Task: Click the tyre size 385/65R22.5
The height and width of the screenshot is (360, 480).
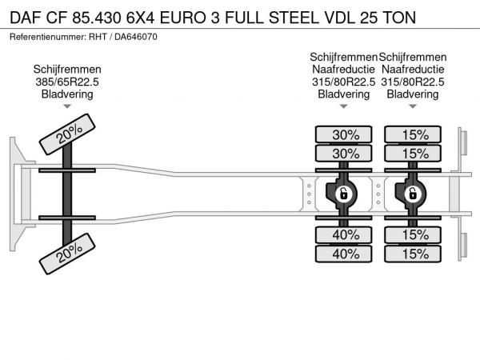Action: (68, 82)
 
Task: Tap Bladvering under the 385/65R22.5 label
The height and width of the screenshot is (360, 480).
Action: (68, 94)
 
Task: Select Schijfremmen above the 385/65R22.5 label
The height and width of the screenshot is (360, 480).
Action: (68, 70)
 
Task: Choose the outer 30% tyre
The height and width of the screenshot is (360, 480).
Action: (345, 134)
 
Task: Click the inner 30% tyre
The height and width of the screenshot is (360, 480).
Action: (345, 153)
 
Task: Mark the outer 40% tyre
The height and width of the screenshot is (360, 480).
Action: (345, 254)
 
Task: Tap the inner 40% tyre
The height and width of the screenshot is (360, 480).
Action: (345, 234)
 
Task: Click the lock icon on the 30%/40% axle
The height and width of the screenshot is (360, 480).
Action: (342, 194)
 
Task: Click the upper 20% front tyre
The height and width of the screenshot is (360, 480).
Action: (68, 136)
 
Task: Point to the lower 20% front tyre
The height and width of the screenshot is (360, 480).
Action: (68, 252)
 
